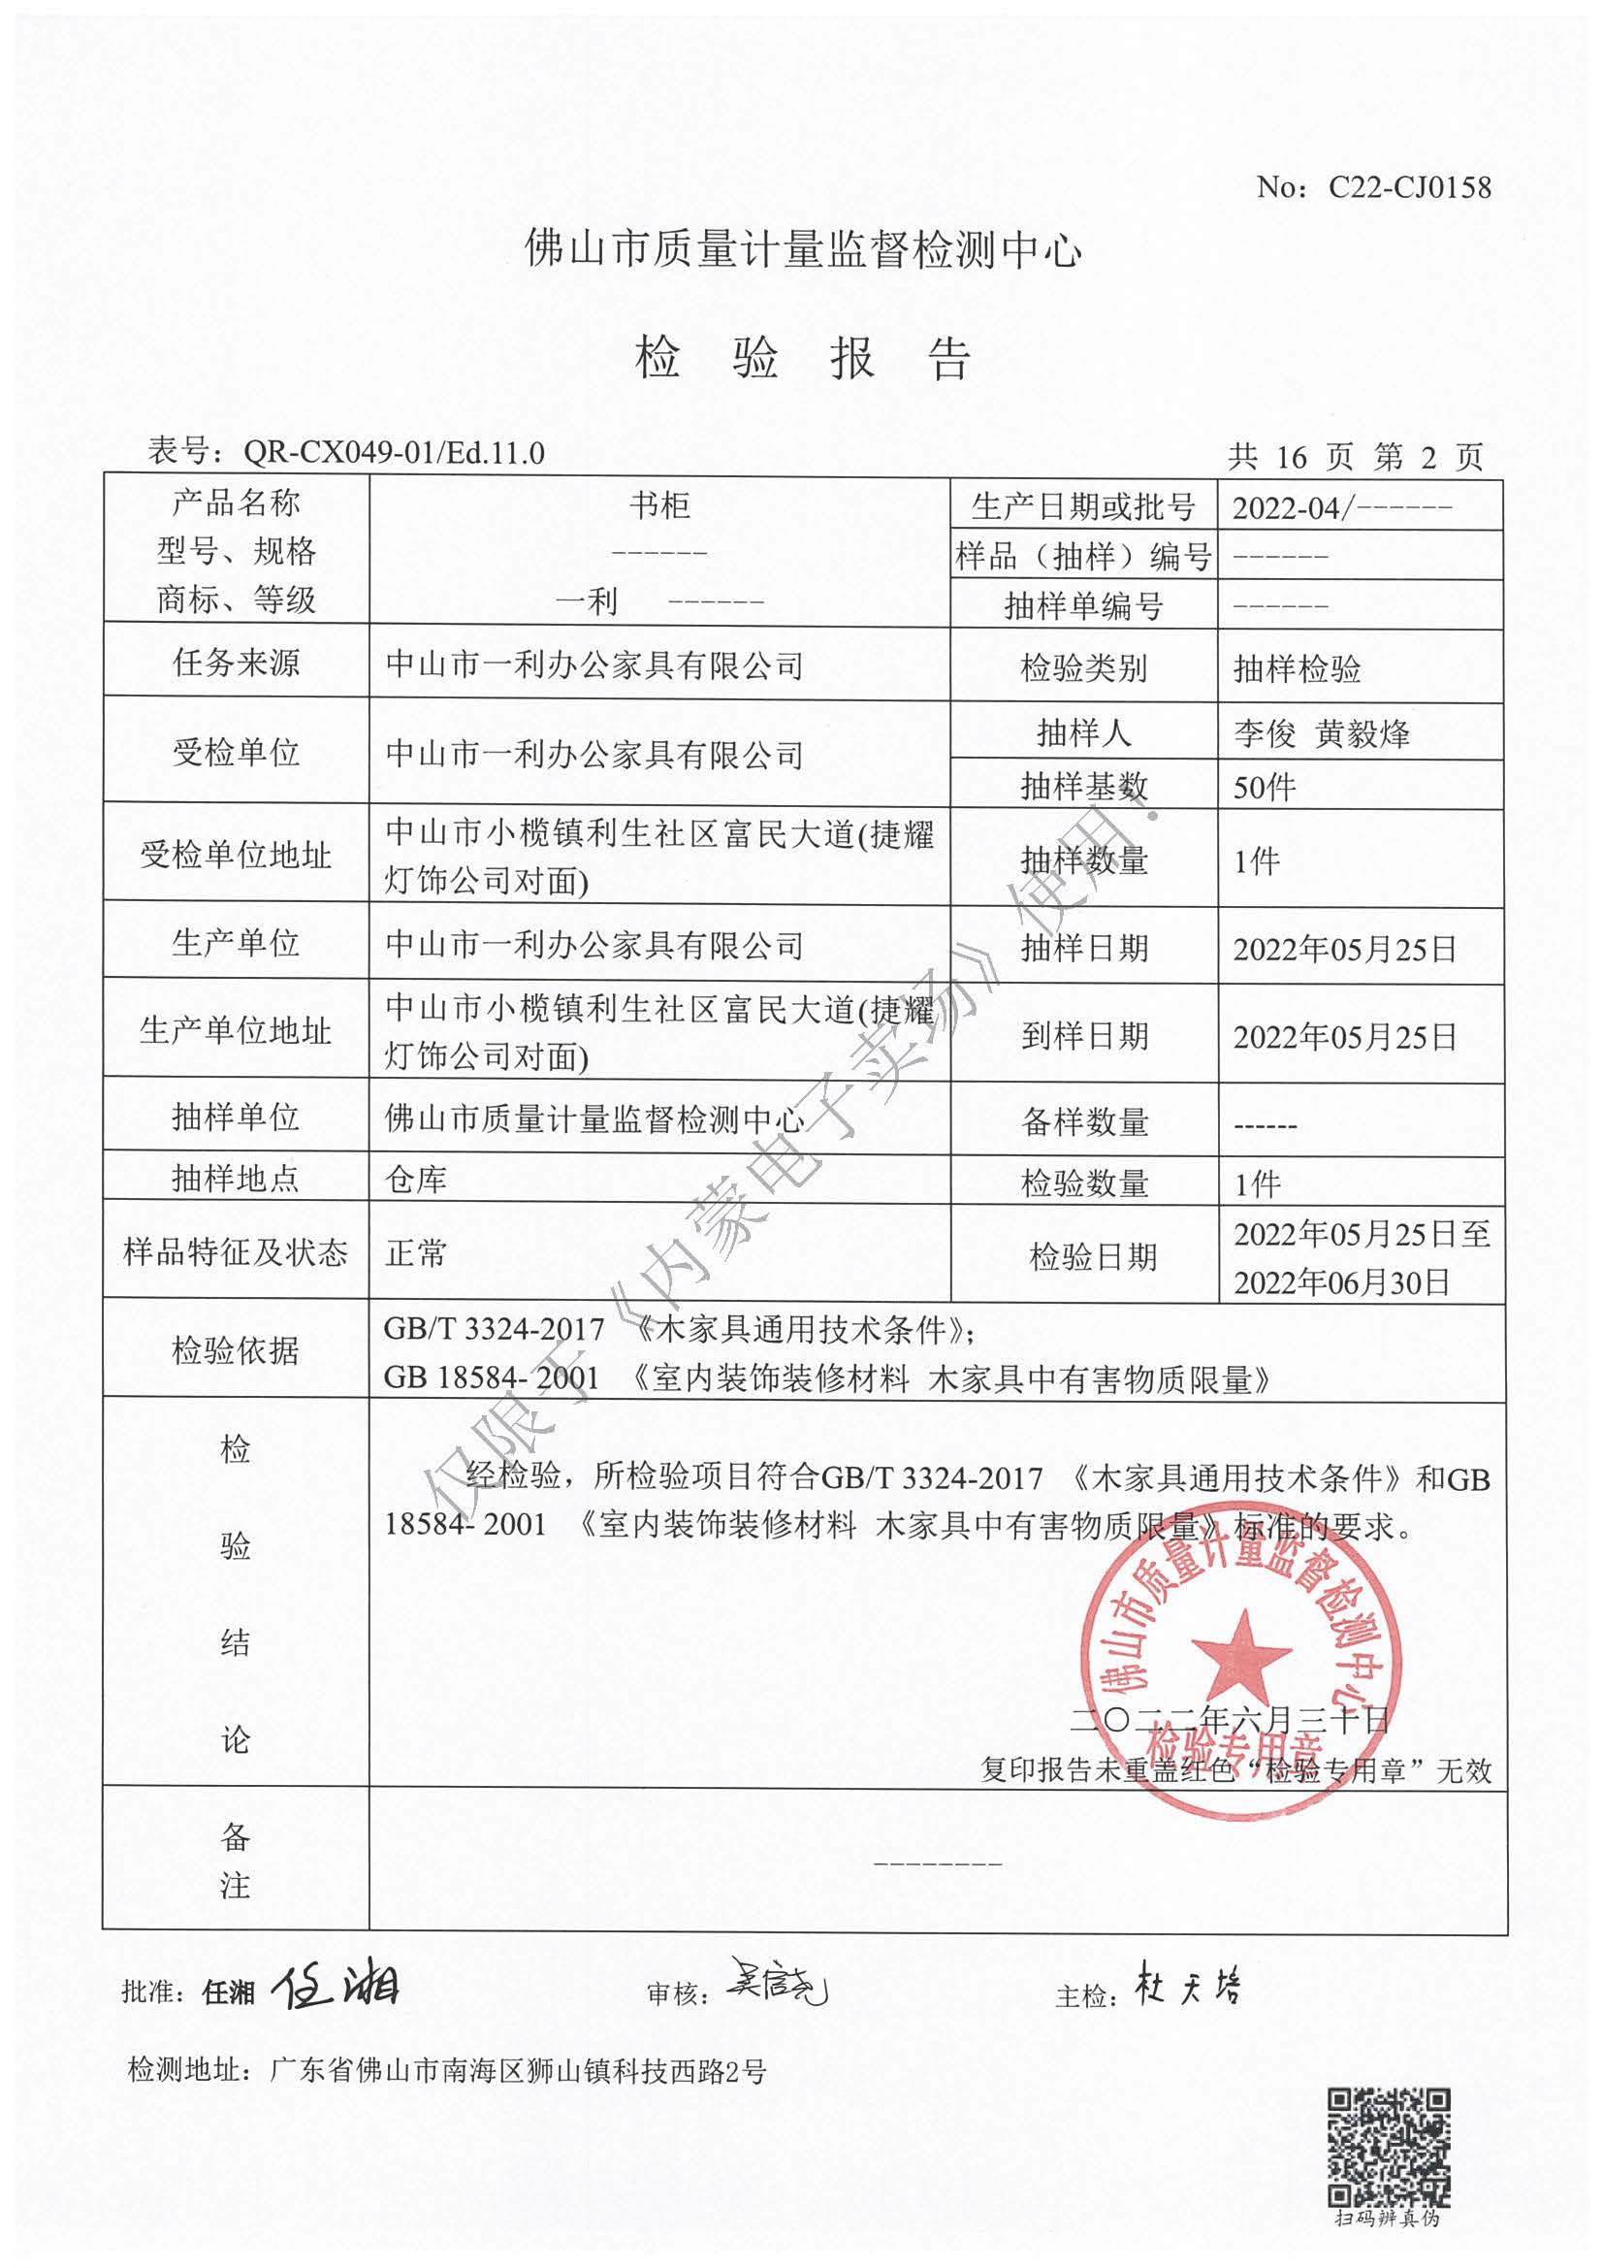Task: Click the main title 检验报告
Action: pos(803,358)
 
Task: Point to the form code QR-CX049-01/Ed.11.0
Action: pos(394,452)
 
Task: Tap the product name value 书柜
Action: pos(658,505)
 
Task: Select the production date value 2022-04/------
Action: pos(1342,508)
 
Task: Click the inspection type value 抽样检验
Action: pos(1297,669)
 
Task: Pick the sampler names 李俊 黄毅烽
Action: pos(1322,734)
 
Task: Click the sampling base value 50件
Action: pos(1265,788)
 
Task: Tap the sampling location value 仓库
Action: pos(416,1179)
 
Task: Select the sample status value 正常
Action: pos(416,1253)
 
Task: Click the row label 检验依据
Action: pos(235,1349)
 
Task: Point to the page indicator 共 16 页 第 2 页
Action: pos(1355,456)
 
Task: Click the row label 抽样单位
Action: pos(235,1118)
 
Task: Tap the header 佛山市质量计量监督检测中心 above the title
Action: pos(803,251)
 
